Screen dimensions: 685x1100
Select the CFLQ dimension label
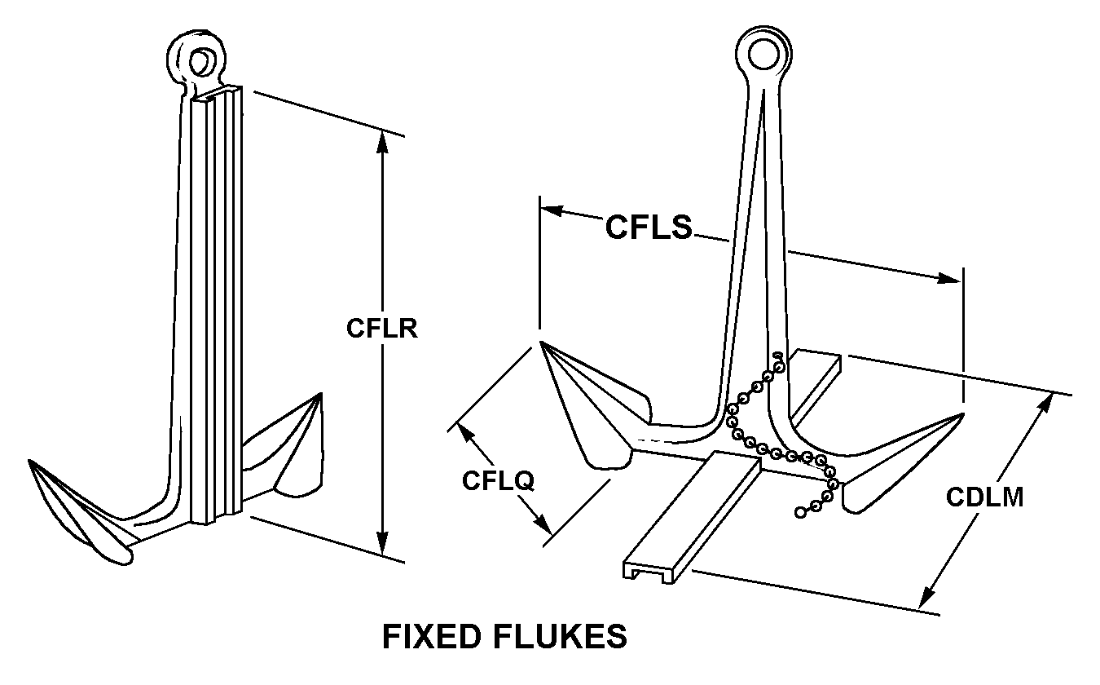(498, 480)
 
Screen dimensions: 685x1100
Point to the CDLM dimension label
(984, 497)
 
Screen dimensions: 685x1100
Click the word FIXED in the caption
(437, 636)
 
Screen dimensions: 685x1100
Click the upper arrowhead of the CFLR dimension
(381, 140)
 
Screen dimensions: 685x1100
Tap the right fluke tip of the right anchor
(963, 415)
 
